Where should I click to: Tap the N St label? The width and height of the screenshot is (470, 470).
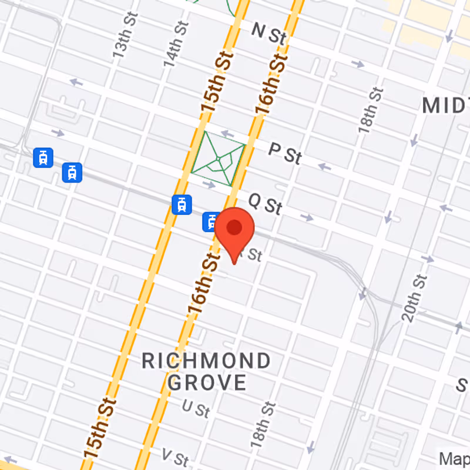pos(268,33)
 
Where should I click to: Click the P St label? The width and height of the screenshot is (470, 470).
pos(285,154)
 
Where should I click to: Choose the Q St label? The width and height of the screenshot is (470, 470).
pos(265,203)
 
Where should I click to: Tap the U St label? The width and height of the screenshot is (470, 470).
pos(196,408)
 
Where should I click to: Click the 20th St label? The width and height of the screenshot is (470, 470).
pos(414,298)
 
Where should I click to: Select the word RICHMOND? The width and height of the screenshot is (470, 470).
pos(206,361)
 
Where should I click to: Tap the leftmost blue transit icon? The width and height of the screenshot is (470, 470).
pos(43,157)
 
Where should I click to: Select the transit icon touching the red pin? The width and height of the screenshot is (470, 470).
pos(211,221)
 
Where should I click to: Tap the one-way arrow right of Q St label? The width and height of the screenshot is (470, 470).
pos(307,217)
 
